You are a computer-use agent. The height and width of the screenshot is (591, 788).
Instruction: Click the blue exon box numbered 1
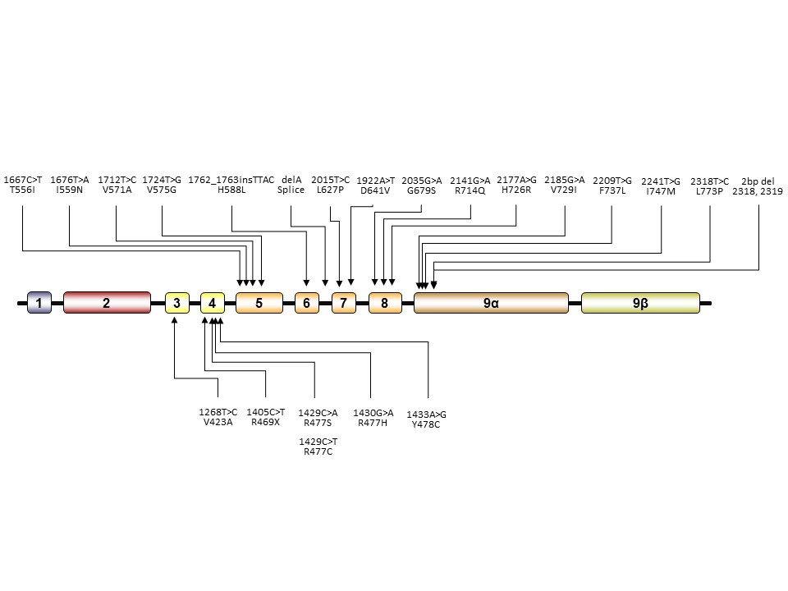tap(39, 303)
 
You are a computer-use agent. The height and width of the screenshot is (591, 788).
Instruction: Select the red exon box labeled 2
tap(107, 303)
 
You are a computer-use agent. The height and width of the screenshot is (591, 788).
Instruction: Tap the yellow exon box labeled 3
tap(176, 303)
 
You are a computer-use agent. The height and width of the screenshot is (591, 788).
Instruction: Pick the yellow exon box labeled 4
tap(212, 303)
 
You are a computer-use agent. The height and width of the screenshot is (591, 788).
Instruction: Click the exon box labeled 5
tap(259, 303)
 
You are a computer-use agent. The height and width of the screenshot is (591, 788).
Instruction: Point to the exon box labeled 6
tap(306, 303)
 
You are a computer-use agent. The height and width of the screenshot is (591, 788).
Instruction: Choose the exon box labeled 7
tap(343, 303)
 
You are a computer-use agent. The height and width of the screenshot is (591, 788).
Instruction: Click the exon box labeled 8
tap(384, 303)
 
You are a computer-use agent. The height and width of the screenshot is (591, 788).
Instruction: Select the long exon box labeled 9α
tap(491, 303)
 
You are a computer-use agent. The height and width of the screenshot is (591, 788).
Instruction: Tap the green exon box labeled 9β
tap(640, 303)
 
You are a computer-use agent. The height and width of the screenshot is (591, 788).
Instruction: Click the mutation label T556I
tap(22, 190)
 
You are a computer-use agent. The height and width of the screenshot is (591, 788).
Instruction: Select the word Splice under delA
tap(291, 190)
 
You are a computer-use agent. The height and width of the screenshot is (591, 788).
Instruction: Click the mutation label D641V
tap(375, 191)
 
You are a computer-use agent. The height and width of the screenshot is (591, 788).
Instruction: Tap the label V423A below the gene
tap(218, 422)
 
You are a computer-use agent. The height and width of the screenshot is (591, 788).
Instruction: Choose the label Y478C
tap(426, 424)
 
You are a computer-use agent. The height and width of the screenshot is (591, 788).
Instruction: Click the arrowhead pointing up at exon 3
tap(175, 319)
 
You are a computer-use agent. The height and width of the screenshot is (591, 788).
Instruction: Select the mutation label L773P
tap(709, 191)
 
